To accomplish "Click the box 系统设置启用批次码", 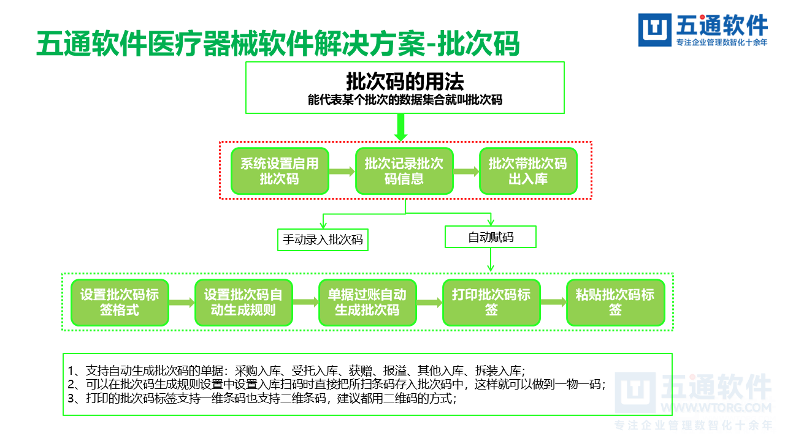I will pos(280,171).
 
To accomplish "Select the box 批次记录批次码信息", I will pos(404,171).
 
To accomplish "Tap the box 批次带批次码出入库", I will pos(528,171).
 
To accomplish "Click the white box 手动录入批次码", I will pos(323,239).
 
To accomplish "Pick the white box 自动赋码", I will pos(491,237).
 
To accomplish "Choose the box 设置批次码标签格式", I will pos(120,303).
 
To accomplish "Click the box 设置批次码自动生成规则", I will pos(243,303).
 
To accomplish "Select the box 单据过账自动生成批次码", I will pos(367,303).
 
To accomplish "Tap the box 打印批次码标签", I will pos(491,303).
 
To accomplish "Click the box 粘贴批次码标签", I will pos(615,303).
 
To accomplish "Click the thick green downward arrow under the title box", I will pos(400,128).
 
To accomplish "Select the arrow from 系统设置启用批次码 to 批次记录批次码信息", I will pos(342,172).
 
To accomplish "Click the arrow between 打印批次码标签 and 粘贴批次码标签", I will pos(553,303).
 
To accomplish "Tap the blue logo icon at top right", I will pos(655,30).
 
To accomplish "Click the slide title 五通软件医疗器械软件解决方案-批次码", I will pos(278,44).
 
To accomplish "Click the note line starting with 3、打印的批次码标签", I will pos(264,399).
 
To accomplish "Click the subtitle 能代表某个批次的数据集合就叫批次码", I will pos(405,100).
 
